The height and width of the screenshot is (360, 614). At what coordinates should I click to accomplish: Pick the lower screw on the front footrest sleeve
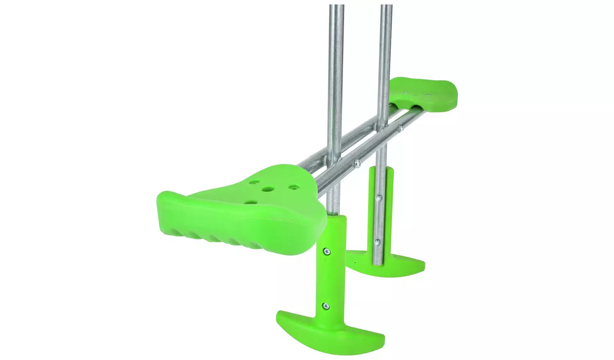[326, 305]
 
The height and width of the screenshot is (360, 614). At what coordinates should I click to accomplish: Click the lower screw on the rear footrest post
[379, 241]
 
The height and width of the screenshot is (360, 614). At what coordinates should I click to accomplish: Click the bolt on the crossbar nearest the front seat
[357, 163]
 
